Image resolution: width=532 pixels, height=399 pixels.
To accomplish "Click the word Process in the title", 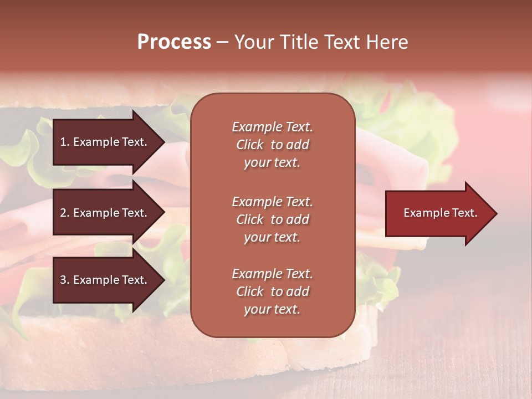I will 174,42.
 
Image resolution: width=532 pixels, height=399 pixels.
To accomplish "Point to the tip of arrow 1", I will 163,142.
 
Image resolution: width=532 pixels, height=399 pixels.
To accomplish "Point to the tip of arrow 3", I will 163,280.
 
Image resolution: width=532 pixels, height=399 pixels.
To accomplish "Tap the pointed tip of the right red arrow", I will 495,213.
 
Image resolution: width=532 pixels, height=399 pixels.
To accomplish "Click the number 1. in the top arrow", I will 64,142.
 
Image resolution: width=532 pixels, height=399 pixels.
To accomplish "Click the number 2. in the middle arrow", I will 64,213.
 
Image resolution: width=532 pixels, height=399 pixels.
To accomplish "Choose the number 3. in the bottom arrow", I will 64,280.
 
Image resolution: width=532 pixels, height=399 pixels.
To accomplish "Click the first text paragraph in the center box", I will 272,145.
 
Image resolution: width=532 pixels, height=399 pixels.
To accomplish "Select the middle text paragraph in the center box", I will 272,219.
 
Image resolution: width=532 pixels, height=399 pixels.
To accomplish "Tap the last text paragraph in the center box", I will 272,291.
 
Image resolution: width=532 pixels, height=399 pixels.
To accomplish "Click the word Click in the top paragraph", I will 249,145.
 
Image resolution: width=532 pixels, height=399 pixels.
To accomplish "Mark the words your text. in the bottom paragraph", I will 272,310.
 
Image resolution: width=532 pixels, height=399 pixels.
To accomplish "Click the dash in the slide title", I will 222,42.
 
